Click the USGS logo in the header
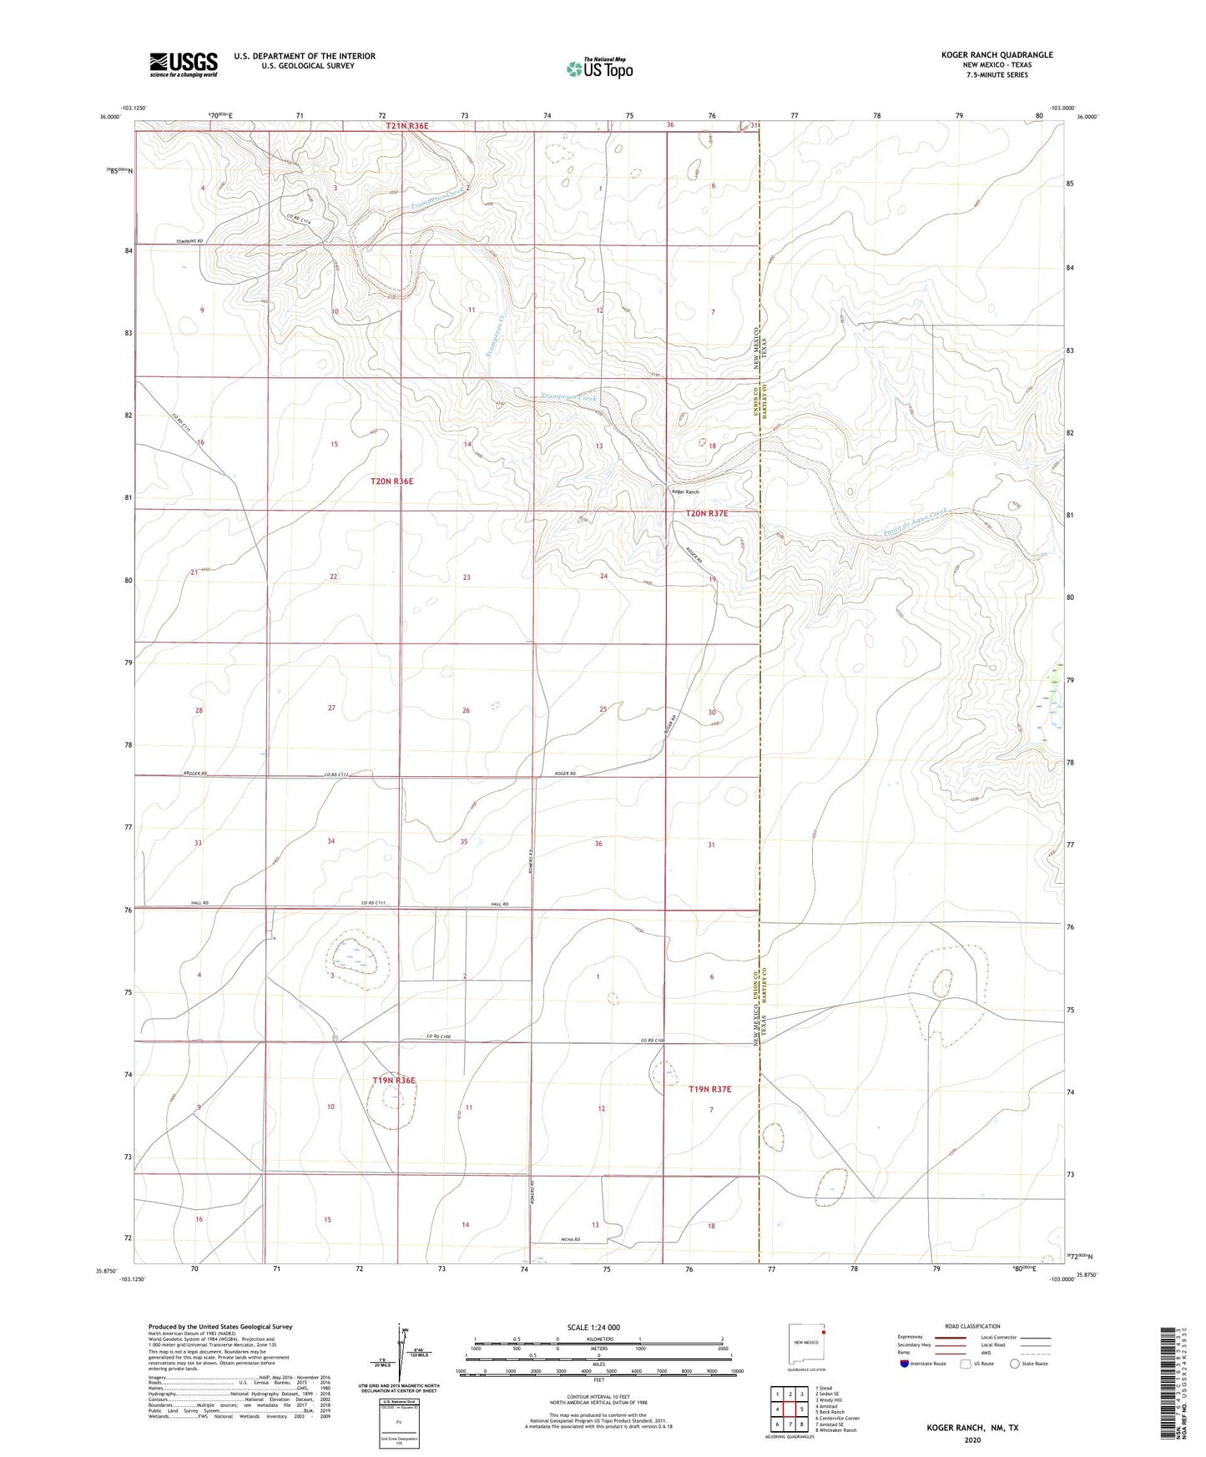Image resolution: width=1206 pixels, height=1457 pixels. click(x=184, y=64)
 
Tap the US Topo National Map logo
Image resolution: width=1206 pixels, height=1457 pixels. click(x=598, y=68)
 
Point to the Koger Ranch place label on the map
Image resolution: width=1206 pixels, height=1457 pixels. click(x=686, y=492)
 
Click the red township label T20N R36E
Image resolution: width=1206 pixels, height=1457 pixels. click(x=391, y=481)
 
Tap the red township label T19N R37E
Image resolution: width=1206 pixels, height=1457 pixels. click(x=709, y=1089)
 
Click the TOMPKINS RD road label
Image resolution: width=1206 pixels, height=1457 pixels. click(x=190, y=242)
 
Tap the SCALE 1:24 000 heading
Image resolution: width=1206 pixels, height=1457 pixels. click(x=593, y=1328)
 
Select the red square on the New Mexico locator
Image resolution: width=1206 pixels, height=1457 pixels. click(x=823, y=1333)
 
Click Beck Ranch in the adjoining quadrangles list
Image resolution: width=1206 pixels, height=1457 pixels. click(x=833, y=1412)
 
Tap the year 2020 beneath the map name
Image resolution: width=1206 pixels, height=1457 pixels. click(x=971, y=1439)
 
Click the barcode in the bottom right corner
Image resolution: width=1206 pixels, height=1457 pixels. click(x=1168, y=1386)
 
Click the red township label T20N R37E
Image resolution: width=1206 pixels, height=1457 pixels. click(x=706, y=514)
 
